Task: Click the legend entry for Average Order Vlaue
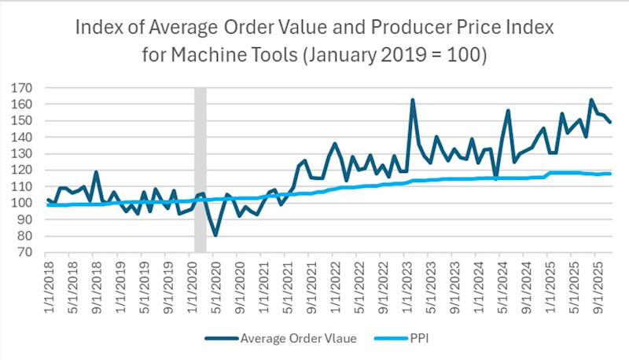282,339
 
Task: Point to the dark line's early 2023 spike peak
412,100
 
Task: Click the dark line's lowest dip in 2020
215,235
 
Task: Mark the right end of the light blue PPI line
611,173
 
